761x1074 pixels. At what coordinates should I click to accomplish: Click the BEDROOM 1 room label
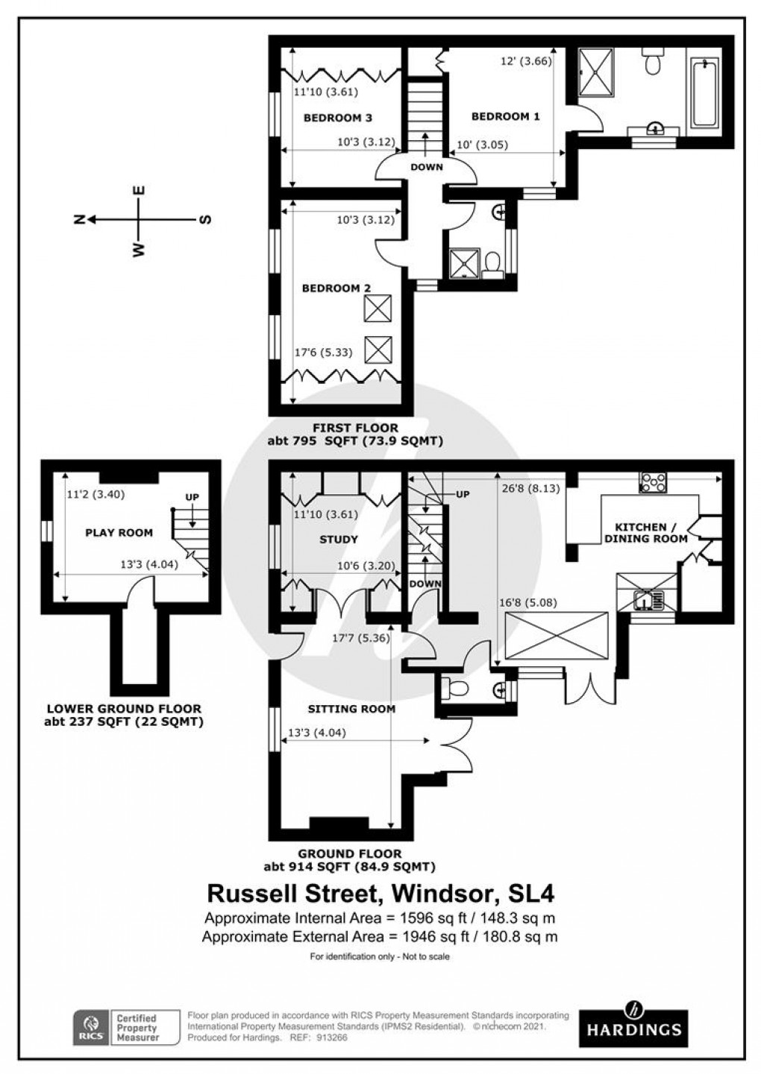tap(505, 116)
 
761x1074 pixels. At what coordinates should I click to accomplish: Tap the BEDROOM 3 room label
tap(338, 118)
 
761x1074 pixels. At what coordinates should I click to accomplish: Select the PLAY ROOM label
tap(119, 532)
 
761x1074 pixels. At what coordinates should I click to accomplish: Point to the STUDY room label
tap(339, 539)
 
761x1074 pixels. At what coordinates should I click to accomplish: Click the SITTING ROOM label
tap(351, 708)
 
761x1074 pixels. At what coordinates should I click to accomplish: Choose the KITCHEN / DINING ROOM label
tap(645, 532)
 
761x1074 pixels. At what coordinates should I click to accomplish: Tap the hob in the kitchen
tap(654, 483)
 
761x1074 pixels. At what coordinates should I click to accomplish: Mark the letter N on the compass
tap(79, 219)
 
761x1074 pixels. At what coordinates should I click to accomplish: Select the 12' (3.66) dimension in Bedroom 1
tap(526, 62)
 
